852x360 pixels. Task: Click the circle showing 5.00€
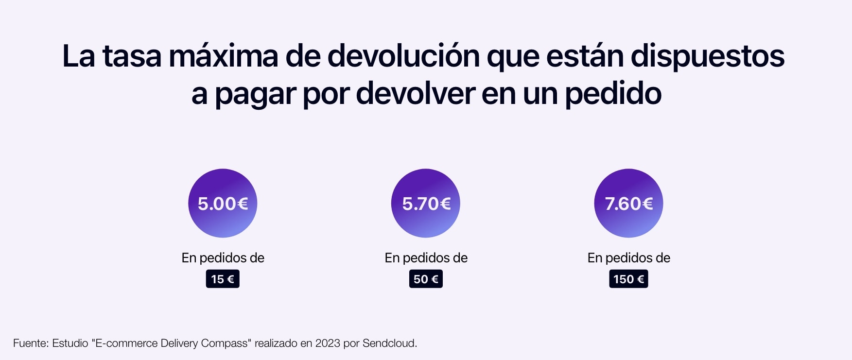pyautogui.click(x=223, y=203)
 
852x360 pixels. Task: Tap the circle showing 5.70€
pyautogui.click(x=425, y=203)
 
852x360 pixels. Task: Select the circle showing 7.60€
pyautogui.click(x=628, y=203)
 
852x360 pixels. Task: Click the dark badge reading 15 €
pyautogui.click(x=223, y=279)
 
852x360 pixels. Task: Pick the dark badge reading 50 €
pyautogui.click(x=426, y=279)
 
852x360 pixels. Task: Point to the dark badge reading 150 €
pyautogui.click(x=628, y=279)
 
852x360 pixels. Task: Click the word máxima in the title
pyautogui.click(x=224, y=56)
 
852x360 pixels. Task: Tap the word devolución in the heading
pyautogui.click(x=403, y=56)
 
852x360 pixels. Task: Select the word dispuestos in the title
pyautogui.click(x=707, y=56)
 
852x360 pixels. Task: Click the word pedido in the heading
pyautogui.click(x=613, y=94)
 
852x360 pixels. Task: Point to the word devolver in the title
pyautogui.click(x=415, y=94)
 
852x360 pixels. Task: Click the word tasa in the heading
pyautogui.click(x=131, y=56)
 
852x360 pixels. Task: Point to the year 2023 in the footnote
pyautogui.click(x=328, y=343)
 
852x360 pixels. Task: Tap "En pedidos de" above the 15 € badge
pyautogui.click(x=223, y=258)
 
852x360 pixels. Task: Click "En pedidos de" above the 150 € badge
pyautogui.click(x=628, y=258)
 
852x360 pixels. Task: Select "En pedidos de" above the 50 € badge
pyautogui.click(x=426, y=258)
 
